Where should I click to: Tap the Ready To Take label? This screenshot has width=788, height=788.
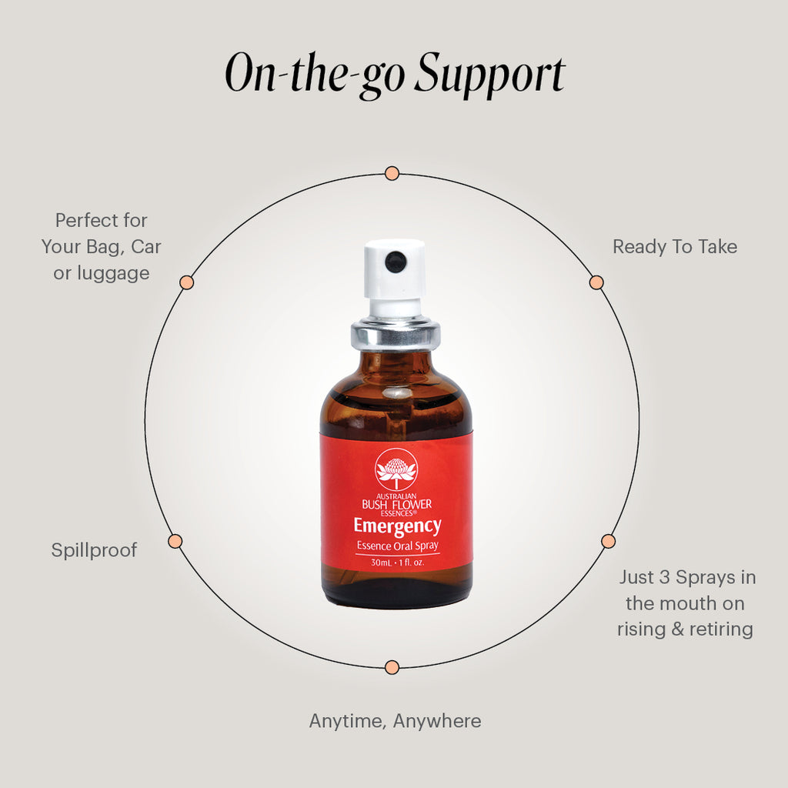[674, 247]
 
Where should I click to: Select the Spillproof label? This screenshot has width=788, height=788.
[94, 550]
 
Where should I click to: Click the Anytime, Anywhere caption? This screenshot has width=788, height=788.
[395, 721]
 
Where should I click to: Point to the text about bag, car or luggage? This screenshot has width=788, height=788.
[101, 247]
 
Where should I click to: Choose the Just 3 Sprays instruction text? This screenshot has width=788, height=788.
[685, 603]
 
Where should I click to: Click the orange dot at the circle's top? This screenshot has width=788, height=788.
[392, 173]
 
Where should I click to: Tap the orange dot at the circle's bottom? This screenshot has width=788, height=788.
[392, 666]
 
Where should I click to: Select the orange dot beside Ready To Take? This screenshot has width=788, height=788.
[596, 282]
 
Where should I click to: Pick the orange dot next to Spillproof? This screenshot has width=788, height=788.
[175, 541]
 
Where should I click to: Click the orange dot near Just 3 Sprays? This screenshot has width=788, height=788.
[608, 540]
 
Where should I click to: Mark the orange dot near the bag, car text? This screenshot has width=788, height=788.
[186, 282]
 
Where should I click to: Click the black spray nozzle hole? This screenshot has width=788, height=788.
[396, 262]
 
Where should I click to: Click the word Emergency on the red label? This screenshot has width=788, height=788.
[397, 526]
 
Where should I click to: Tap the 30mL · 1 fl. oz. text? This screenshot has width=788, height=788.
[396, 563]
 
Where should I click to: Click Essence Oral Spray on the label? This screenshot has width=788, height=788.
[396, 546]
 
